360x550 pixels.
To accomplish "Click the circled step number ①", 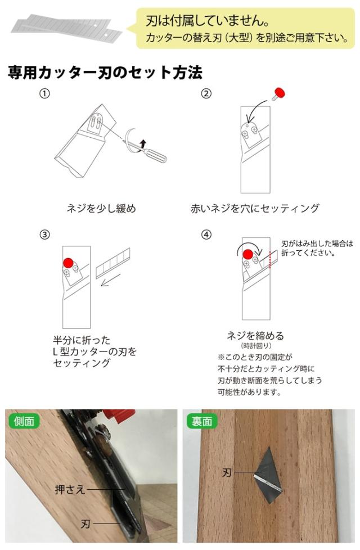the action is pos(44,94).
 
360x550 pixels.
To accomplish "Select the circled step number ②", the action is pos(206,94).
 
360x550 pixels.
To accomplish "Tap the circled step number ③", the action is pos(44,235).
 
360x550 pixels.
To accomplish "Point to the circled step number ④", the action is pos(206,235).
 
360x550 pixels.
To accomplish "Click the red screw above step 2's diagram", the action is pos(279,94).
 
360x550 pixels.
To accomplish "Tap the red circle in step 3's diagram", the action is pos(68,263).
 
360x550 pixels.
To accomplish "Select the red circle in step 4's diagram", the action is pos(248,254).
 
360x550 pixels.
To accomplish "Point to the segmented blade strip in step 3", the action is pos(112,263).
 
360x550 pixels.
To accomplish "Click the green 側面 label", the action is pos(24,421).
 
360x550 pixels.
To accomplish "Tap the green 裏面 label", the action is pos(202,421).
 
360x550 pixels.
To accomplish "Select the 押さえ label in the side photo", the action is pos(70,489).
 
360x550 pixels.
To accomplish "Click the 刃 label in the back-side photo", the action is pos(227,473).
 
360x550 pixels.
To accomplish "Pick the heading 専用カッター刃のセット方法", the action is pos(105,73).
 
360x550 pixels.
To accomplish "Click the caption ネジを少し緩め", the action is pos(101,208).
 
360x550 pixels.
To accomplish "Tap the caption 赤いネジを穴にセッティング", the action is pos(255,208).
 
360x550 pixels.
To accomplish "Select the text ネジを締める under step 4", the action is pos(255,336).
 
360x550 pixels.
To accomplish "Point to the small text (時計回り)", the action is pos(256,346).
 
